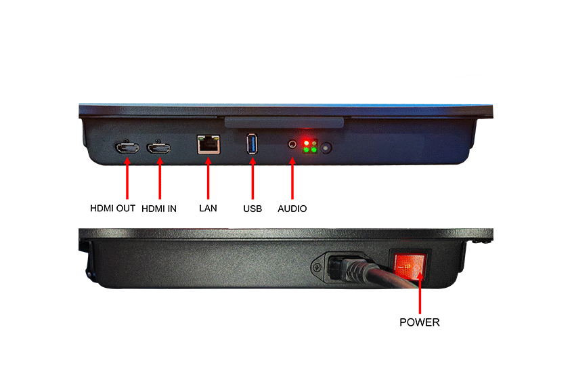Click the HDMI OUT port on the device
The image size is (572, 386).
coord(127,148)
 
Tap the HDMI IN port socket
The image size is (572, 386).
coord(158,148)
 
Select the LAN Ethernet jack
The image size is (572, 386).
coord(208,144)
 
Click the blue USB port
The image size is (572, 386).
coord(252,144)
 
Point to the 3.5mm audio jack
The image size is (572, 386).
coord(292,144)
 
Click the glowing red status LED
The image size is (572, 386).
coord(307,142)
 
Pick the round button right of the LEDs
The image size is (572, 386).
coord(326,148)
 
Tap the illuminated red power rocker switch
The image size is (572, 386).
coord(410,265)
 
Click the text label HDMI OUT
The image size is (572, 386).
coord(113,209)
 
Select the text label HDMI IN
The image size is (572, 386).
coord(159,209)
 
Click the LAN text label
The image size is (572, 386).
coord(208,209)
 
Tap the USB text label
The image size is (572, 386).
coord(252,209)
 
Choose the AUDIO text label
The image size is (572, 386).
coord(292,209)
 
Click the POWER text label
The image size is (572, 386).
coord(420,322)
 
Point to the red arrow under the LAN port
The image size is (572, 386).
coord(208,178)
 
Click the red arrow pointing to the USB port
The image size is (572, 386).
coord(252,178)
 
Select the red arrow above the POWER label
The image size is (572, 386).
coord(420,293)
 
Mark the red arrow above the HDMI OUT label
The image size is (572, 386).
coord(127,178)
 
